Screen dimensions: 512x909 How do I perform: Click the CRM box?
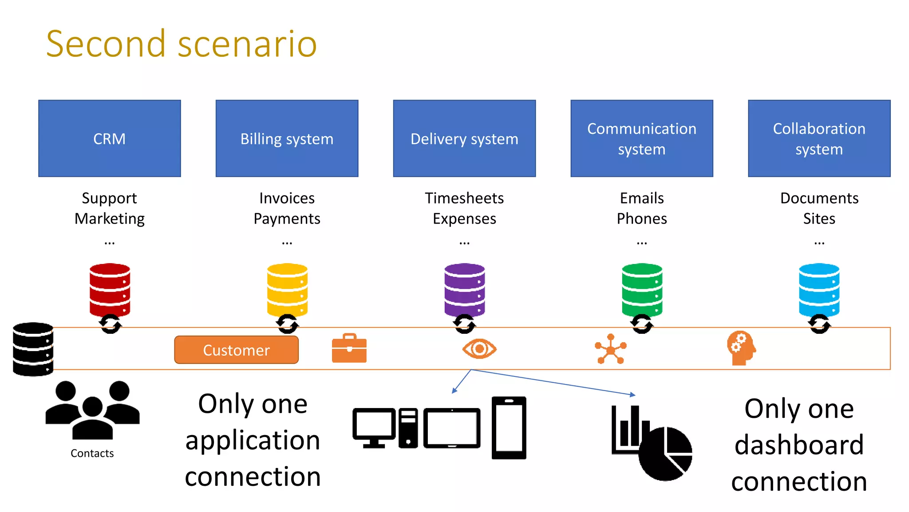[x=109, y=138]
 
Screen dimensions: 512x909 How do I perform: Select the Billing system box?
[x=287, y=138]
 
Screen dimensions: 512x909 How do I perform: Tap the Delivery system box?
[x=464, y=138]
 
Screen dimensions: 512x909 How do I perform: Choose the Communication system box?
[x=641, y=138]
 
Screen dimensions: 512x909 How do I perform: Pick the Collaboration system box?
[x=819, y=138]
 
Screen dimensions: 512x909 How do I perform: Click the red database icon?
[x=110, y=289]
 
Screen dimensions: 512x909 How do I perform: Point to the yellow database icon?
[x=287, y=289]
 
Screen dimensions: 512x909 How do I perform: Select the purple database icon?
[x=464, y=289]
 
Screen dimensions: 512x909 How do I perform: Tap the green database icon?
[x=642, y=289]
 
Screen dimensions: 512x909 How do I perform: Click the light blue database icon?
[x=819, y=289]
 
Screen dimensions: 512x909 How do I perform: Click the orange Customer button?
[x=236, y=350]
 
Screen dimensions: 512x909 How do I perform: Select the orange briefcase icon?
[x=349, y=348]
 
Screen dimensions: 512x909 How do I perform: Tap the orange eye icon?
[x=479, y=349]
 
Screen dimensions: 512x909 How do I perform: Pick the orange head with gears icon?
[x=741, y=348]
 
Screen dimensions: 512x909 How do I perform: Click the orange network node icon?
[x=611, y=349]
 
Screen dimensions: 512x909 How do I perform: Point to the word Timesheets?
[x=464, y=198]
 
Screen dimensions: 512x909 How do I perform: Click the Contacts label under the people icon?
[x=92, y=453]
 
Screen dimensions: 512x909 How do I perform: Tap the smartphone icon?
[x=509, y=428]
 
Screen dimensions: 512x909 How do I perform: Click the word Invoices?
[x=287, y=198]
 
